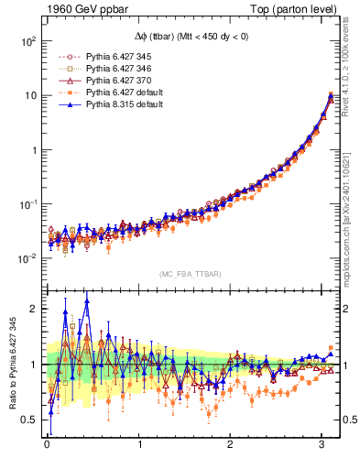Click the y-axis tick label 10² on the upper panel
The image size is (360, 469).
[27, 41]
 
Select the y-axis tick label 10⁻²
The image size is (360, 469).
[27, 258]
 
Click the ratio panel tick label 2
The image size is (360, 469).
[34, 309]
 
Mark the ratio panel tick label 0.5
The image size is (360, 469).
[29, 420]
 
